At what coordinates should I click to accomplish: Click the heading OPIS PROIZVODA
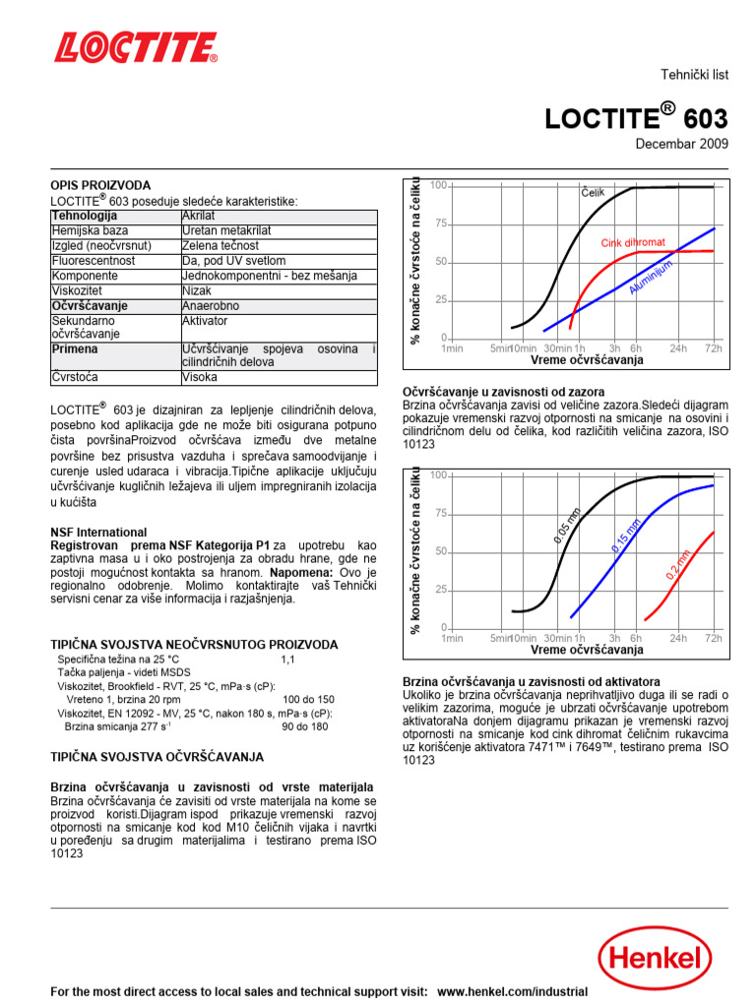point(100,185)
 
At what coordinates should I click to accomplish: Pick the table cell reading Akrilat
point(200,216)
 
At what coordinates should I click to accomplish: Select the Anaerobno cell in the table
point(213,306)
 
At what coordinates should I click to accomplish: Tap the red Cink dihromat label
point(634,242)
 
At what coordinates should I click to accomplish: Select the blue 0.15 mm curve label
point(626,533)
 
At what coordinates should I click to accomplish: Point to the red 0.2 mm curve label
point(678,565)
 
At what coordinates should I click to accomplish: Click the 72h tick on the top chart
point(713,348)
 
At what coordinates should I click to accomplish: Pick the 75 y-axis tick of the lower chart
point(439,513)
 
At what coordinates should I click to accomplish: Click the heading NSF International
point(98,533)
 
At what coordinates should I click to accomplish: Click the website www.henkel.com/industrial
point(512,992)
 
